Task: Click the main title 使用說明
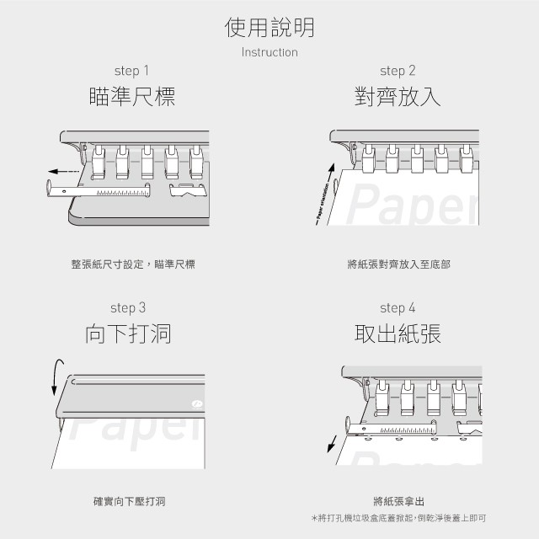269,28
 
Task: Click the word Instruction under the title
269,52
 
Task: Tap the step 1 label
131,71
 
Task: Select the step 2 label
398,71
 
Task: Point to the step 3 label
128,307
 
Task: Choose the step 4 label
398,307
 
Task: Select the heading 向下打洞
128,334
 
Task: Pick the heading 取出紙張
398,334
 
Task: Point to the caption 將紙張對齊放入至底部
398,264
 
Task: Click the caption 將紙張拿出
398,501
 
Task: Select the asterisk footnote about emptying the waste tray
398,517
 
